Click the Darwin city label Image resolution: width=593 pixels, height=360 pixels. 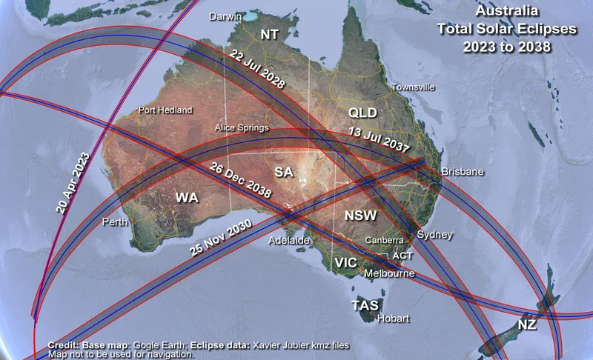pos(225,16)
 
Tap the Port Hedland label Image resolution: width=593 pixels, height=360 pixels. pos(165,110)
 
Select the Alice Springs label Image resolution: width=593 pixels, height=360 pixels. pos(242,127)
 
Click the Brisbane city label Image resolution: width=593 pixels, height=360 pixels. pos(462,172)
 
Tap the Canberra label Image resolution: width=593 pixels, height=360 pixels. pos(384,241)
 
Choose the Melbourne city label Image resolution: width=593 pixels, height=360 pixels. pos(389,273)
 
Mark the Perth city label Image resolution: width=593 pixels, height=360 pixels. pos(116,221)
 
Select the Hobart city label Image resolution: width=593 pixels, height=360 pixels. pos(392,319)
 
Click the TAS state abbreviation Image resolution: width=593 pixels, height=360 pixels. pos(365,305)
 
